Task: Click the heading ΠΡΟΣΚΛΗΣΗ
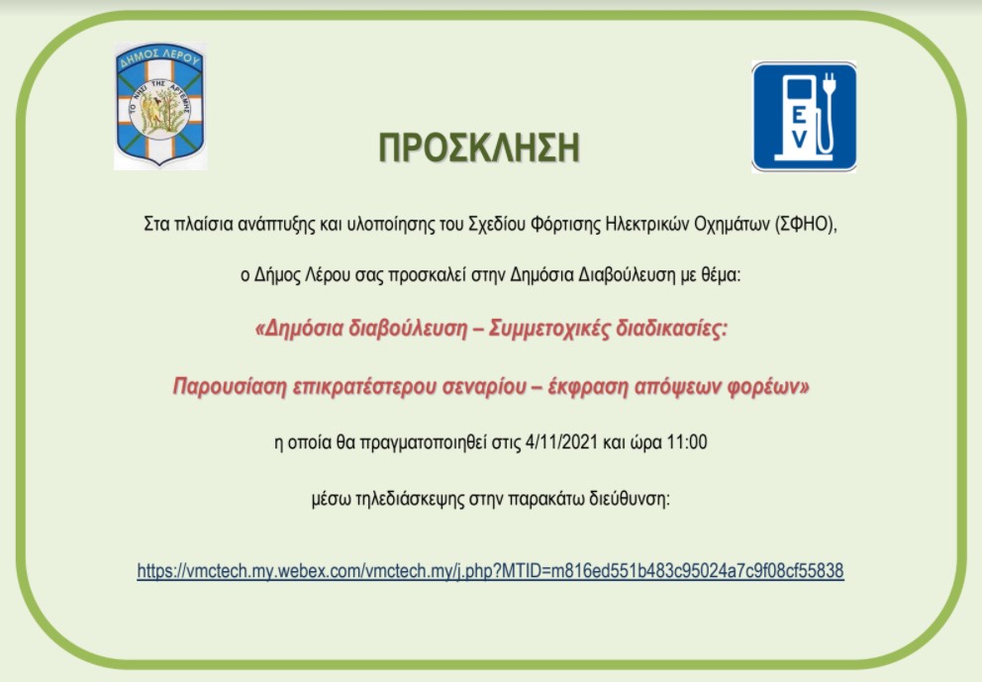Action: tap(479, 147)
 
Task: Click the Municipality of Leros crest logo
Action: tap(160, 105)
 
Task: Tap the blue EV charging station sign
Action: tap(804, 117)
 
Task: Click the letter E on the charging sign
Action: tap(798, 115)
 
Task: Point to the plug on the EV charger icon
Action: tap(830, 84)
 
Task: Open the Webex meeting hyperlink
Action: tap(490, 571)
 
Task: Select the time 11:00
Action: tap(687, 442)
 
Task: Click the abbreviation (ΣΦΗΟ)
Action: tap(806, 225)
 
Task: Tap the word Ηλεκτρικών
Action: tap(647, 225)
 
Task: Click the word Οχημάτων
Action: tap(732, 225)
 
